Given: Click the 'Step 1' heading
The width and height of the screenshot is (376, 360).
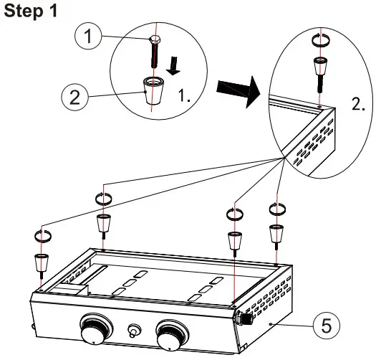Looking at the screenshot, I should tap(29, 14).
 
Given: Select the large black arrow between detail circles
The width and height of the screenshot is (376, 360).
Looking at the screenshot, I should tap(236, 93).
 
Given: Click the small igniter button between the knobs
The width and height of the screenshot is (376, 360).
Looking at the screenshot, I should tap(132, 331).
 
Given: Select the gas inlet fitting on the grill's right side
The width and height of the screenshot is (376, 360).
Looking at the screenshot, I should tap(246, 316).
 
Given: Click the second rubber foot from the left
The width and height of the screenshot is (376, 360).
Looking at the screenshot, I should tap(102, 222).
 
